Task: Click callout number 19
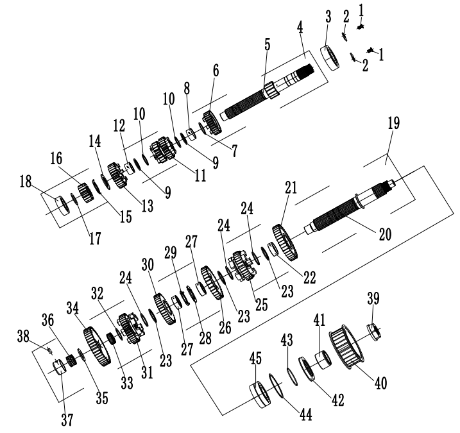coord(393,123)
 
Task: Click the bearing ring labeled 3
coord(333,58)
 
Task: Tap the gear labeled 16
coord(86,192)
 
